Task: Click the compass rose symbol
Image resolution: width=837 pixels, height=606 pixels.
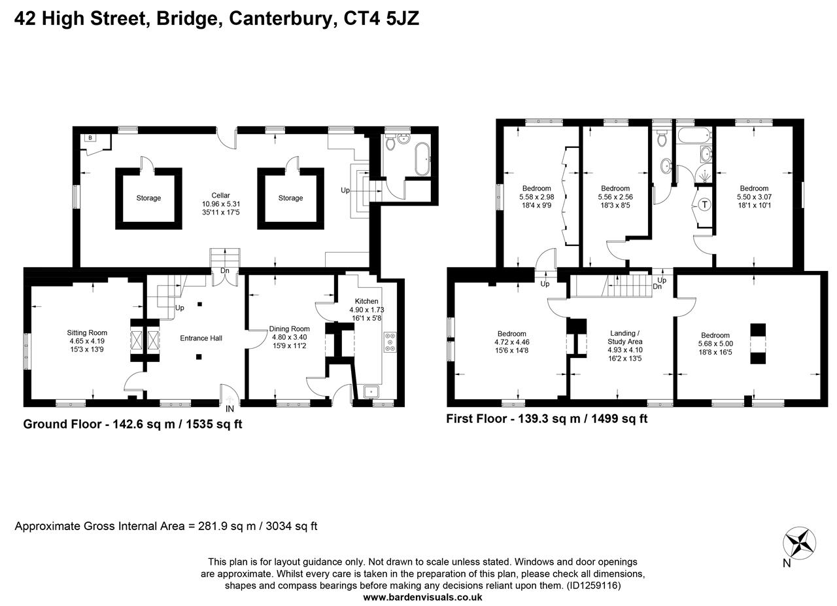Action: pyautogui.click(x=800, y=543)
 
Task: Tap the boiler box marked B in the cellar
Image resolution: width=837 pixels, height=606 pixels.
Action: pyautogui.click(x=90, y=138)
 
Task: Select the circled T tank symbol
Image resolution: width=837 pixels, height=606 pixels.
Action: pyautogui.click(x=704, y=205)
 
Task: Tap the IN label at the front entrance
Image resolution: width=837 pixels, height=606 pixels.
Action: pyautogui.click(x=230, y=409)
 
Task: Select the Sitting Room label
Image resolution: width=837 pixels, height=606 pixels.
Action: pyautogui.click(x=87, y=332)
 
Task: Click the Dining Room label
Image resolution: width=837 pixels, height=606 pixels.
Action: pyautogui.click(x=289, y=329)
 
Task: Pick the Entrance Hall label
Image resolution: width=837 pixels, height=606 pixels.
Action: pyautogui.click(x=201, y=338)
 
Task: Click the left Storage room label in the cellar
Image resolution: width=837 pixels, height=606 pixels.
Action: pyautogui.click(x=148, y=198)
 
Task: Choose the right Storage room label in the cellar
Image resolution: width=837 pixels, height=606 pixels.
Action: pyautogui.click(x=290, y=198)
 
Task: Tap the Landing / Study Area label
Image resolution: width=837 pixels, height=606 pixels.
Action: pyautogui.click(x=625, y=337)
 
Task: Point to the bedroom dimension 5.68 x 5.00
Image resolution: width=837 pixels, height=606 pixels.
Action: pyautogui.click(x=715, y=343)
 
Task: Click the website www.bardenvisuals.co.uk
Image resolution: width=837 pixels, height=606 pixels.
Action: pyautogui.click(x=422, y=597)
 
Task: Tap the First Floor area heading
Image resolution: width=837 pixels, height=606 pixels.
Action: pyautogui.click(x=547, y=419)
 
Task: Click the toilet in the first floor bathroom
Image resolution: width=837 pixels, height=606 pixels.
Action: pyautogui.click(x=661, y=139)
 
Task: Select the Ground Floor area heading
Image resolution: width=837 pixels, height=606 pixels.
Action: pyautogui.click(x=132, y=424)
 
